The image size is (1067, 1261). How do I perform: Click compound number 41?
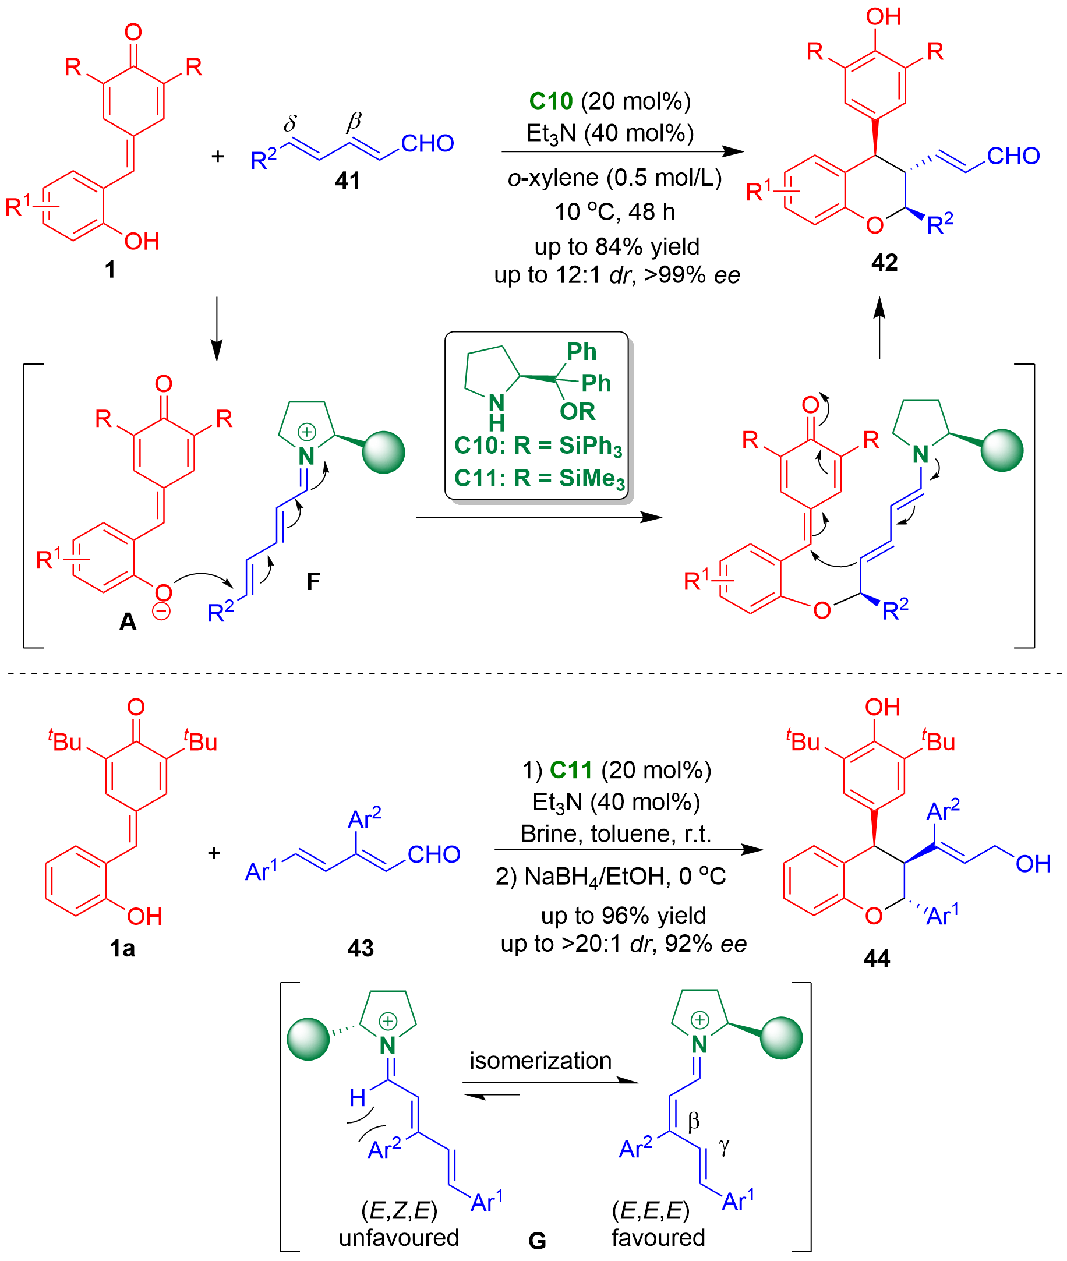point(348,180)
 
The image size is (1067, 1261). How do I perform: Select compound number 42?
point(884,263)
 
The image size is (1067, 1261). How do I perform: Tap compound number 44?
point(877,958)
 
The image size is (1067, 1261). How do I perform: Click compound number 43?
point(361,948)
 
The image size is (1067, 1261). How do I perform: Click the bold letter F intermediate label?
point(313,581)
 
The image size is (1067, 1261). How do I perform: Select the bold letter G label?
point(537,1241)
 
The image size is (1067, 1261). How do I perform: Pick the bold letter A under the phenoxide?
point(128,621)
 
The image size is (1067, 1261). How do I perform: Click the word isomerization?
point(540,1060)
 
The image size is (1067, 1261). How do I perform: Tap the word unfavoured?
point(398,1238)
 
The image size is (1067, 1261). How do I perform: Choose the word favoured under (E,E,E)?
point(658,1238)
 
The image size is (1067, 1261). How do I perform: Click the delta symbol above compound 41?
point(291,124)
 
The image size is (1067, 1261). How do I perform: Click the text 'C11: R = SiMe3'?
point(538,479)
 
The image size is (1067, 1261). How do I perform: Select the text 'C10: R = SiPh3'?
point(538,446)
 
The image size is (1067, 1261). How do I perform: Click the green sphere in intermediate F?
point(383,453)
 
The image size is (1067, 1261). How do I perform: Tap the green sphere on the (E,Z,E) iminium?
point(309,1039)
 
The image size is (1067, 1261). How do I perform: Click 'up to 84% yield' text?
point(616,246)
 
